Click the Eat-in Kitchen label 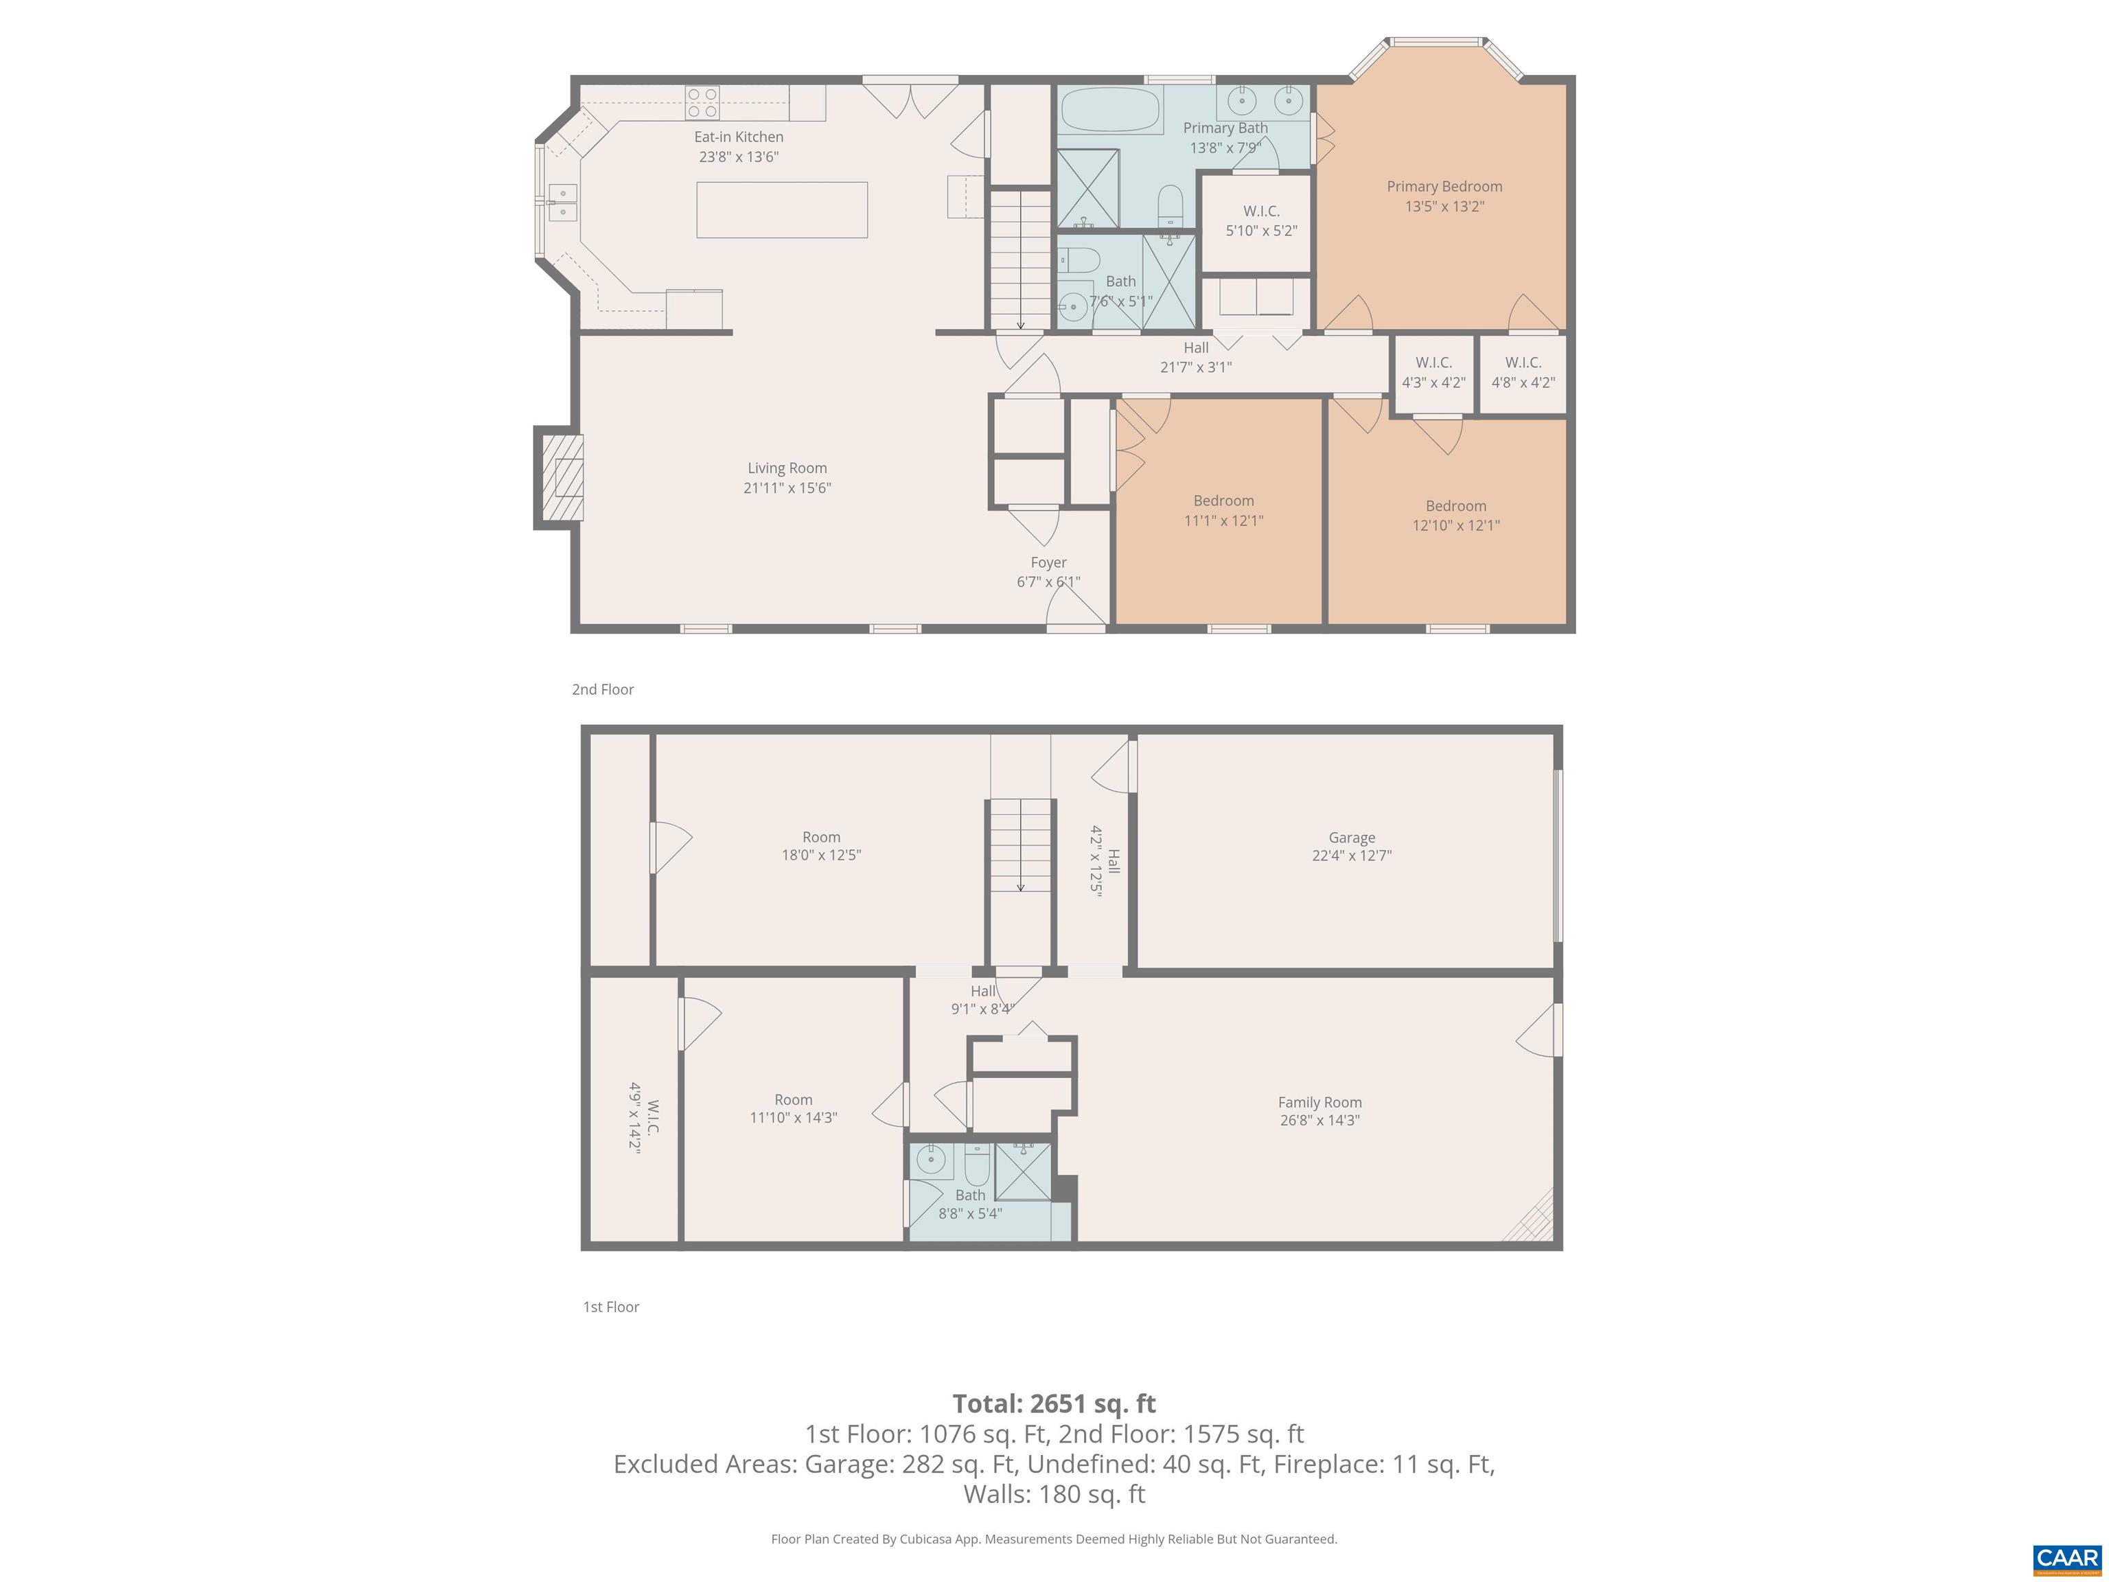click(x=738, y=137)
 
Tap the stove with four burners click(x=703, y=102)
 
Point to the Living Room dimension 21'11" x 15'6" click(x=787, y=488)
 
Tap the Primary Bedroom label click(x=1444, y=187)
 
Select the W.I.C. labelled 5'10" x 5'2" click(x=1260, y=221)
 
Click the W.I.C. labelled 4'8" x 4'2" click(x=1523, y=373)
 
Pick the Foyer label click(x=1048, y=562)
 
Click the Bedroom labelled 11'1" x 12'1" click(x=1223, y=510)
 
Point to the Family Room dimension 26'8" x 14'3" click(x=1319, y=1121)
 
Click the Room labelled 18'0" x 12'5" click(x=821, y=846)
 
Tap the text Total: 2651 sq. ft click(x=1054, y=1403)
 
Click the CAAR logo click(x=2066, y=1558)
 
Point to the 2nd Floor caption click(x=603, y=689)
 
